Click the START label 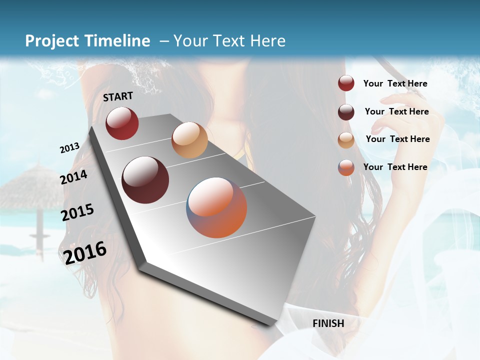[118, 96]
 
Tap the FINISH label [328, 323]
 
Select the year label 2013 [69, 148]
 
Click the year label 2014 [74, 177]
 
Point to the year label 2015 [77, 212]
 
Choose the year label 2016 [85, 252]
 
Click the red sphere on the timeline [122, 123]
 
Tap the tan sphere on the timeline [189, 140]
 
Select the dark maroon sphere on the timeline [145, 180]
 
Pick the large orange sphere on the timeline [217, 207]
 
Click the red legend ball [346, 83]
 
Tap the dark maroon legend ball [346, 112]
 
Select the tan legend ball [346, 140]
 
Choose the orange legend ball [346, 167]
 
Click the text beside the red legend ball [395, 83]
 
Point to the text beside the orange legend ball [395, 167]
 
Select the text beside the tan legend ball [397, 139]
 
